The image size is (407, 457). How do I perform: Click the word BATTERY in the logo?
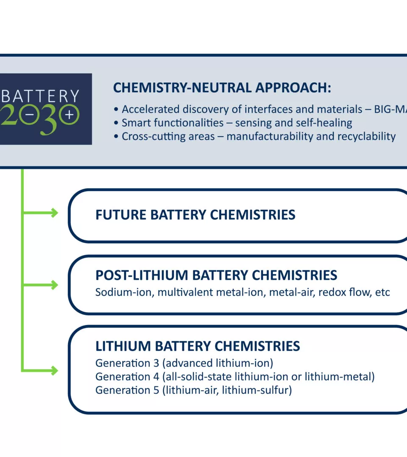40,96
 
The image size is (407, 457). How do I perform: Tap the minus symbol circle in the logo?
29,115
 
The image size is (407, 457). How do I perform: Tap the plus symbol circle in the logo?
69,115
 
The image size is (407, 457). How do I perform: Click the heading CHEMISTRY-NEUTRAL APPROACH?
222,88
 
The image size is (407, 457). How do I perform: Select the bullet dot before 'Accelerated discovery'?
116,109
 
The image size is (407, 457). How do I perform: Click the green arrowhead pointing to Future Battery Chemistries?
54,213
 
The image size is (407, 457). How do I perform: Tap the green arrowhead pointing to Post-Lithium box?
54,285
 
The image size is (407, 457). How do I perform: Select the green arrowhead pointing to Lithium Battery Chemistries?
54,371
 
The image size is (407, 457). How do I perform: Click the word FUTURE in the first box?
121,215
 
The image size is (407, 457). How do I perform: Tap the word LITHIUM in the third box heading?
123,346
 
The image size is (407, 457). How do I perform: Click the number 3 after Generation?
156,363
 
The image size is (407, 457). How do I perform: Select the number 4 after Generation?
156,377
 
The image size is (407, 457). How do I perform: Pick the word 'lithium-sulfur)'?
257,391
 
